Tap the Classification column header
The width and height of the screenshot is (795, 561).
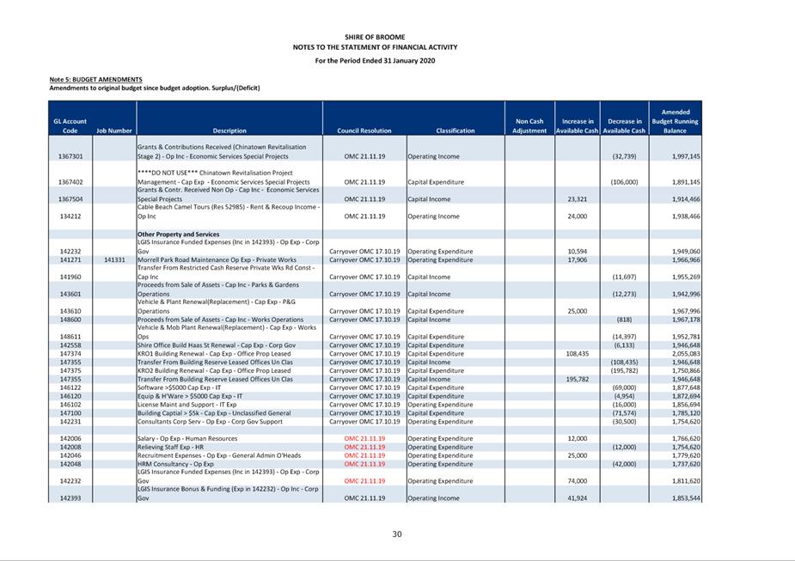tap(455, 131)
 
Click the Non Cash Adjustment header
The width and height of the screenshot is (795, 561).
tap(529, 126)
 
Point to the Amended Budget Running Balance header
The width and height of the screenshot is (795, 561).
tap(675, 121)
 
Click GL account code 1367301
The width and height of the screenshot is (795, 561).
tap(70, 157)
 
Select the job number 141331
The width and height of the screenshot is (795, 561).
tap(114, 259)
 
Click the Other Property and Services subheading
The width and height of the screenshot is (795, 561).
tap(178, 234)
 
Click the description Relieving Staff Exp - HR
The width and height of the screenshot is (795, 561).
tap(170, 447)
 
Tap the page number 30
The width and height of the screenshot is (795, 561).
tap(396, 534)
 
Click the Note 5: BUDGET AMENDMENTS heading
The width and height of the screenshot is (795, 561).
tap(95, 80)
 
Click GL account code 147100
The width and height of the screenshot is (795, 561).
tap(70, 413)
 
